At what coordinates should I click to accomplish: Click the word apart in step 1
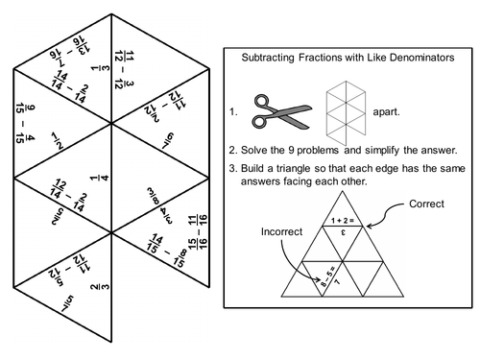387,112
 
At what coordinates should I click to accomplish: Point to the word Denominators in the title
415,59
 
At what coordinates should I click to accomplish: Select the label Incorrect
280,232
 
